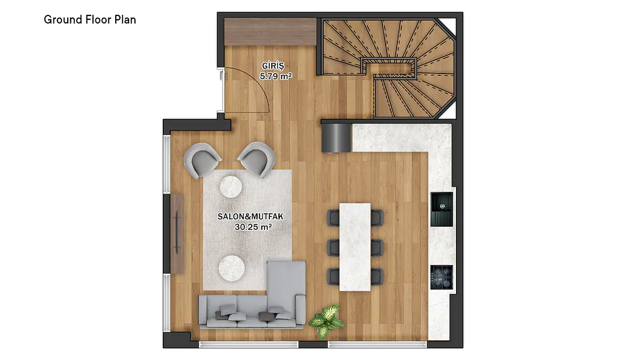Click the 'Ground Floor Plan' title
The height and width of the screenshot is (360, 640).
pyautogui.click(x=90, y=20)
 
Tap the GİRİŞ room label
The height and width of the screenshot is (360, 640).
pyautogui.click(x=273, y=66)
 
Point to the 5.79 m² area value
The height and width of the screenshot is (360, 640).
pyautogui.click(x=276, y=76)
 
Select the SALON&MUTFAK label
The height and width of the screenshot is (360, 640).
pyautogui.click(x=251, y=217)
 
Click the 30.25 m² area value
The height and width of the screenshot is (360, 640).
pyautogui.click(x=253, y=227)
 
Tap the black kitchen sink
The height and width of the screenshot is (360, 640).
pyautogui.click(x=442, y=209)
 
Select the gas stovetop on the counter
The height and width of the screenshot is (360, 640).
pyautogui.click(x=442, y=277)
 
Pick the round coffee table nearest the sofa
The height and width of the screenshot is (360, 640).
pyautogui.click(x=231, y=268)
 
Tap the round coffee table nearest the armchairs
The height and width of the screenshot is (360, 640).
pyautogui.click(x=230, y=187)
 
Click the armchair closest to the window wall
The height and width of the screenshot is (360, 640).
pyautogui.click(x=202, y=159)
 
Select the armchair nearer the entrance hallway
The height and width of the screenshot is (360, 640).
pyautogui.click(x=257, y=159)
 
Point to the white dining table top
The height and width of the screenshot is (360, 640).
pyautogui.click(x=355, y=247)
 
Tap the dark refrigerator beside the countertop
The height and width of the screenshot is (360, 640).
pyautogui.click(x=336, y=138)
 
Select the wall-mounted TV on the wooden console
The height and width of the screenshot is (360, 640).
pyautogui.click(x=177, y=233)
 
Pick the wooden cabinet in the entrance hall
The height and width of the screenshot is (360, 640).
pyautogui.click(x=270, y=31)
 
